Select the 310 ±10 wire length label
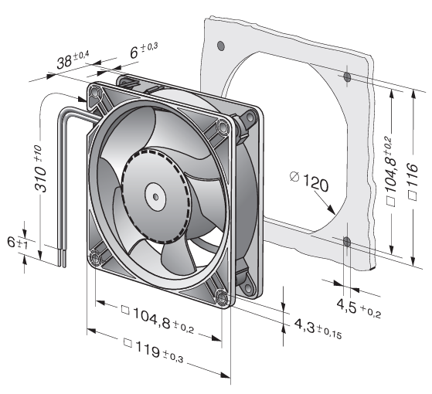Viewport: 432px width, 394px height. pyautogui.click(x=40, y=168)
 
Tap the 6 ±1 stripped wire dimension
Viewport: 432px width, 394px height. pyautogui.click(x=17, y=243)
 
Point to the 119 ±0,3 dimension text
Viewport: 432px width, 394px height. pyautogui.click(x=153, y=350)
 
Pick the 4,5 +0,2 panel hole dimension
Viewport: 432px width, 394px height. pyautogui.click(x=359, y=308)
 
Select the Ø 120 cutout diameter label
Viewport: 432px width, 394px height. pyautogui.click(x=309, y=182)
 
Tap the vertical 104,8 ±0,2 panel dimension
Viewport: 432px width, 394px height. pyautogui.click(x=390, y=171)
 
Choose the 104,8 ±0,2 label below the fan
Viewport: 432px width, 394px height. pyautogui.click(x=158, y=318)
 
